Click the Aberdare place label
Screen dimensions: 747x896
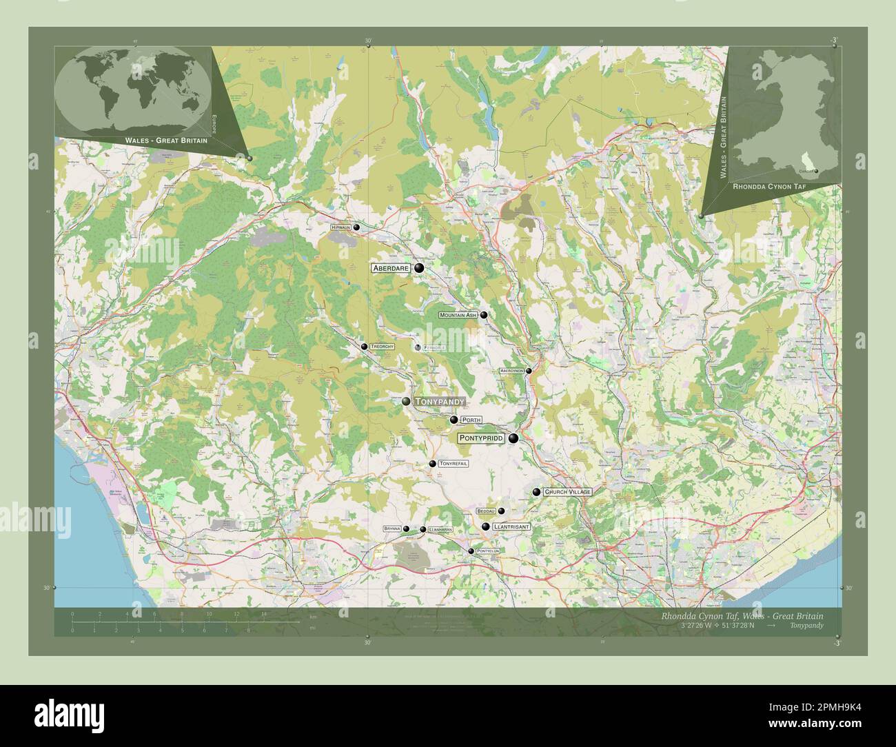point(391,268)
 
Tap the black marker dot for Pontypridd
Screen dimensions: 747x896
point(513,438)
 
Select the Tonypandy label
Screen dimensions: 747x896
point(440,401)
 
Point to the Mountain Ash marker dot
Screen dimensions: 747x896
point(484,315)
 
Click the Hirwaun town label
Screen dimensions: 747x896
point(340,227)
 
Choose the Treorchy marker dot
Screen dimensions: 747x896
point(365,347)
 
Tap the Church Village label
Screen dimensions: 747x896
point(567,492)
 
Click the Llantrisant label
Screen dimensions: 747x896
point(511,526)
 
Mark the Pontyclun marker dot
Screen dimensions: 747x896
point(471,551)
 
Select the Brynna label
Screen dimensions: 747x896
point(392,529)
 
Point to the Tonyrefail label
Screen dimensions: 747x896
point(453,464)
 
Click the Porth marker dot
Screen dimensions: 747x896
point(454,420)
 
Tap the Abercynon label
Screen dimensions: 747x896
point(512,371)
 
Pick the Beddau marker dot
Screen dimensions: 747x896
point(502,511)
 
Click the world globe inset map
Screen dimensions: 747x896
point(132,90)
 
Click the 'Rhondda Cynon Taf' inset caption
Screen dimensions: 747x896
point(773,187)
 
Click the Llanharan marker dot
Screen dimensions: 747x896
point(422,529)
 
